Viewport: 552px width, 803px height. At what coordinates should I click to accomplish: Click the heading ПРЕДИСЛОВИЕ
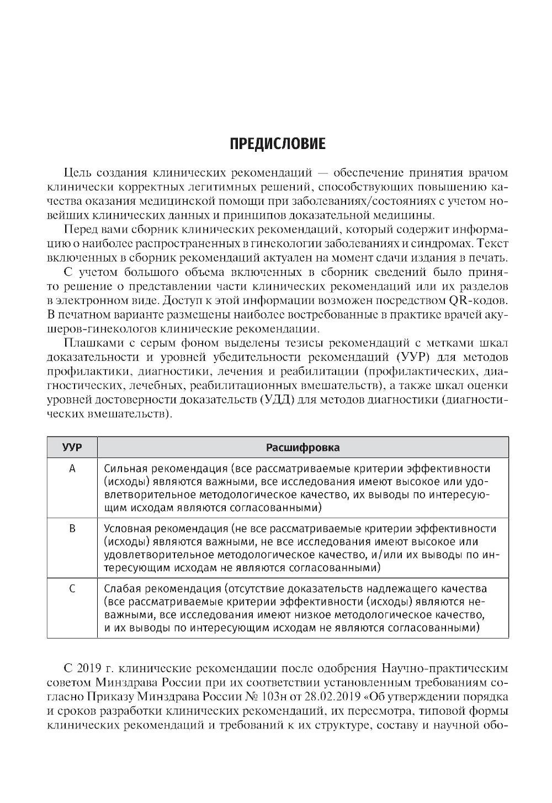278,144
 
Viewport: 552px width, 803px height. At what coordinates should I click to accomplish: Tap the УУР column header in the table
72,447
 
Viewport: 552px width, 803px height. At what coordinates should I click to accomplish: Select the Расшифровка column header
303,447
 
